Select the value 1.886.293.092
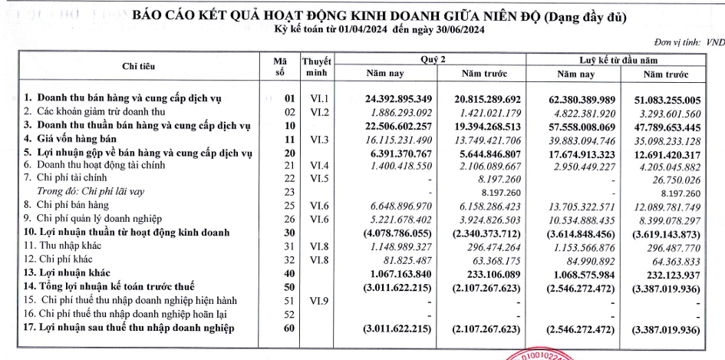point(391,112)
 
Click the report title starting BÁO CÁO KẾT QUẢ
point(379,15)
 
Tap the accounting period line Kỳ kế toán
point(379,29)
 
